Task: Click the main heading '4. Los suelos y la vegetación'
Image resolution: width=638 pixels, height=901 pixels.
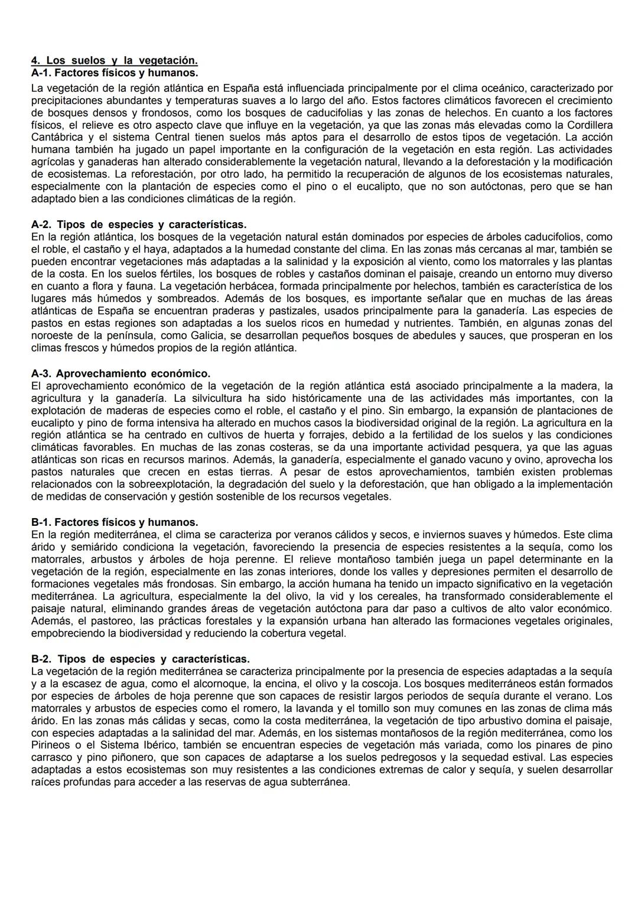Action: pos(114,60)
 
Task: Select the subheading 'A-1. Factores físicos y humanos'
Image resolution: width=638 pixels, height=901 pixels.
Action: pos(114,73)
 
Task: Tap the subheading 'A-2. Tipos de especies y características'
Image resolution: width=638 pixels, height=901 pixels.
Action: pos(138,225)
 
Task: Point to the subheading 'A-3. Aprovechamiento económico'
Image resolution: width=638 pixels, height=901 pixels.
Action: pos(121,373)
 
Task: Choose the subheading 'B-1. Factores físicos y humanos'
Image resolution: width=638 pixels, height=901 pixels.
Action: pos(114,522)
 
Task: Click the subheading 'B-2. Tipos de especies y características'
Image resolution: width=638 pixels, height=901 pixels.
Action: pos(140,659)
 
